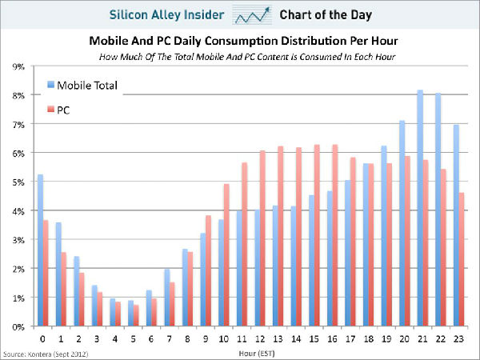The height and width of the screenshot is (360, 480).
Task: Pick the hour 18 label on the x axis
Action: (x=368, y=337)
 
